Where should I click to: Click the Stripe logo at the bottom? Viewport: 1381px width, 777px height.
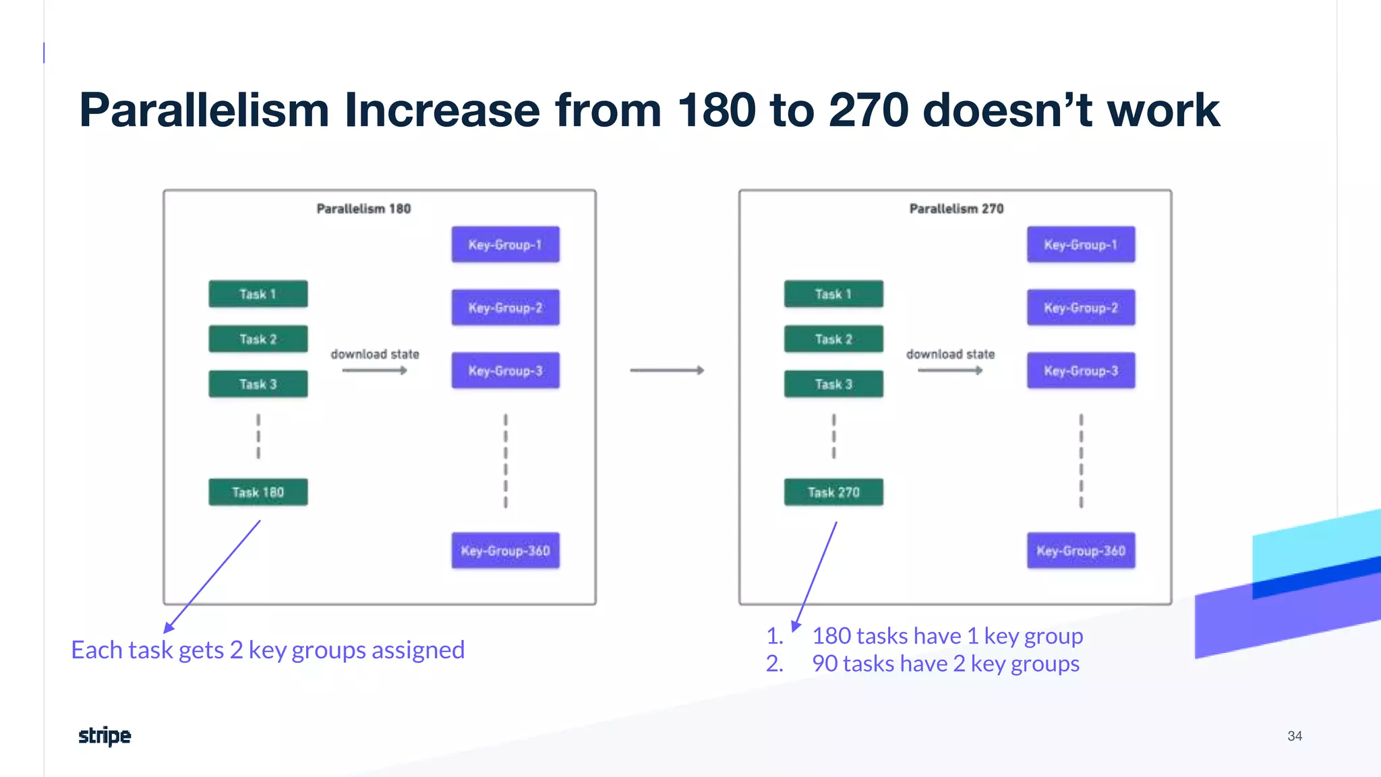coord(105,736)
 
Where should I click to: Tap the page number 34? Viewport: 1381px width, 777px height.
coord(1294,736)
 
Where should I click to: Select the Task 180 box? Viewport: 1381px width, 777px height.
coord(258,492)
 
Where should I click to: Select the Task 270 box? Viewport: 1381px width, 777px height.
coord(833,492)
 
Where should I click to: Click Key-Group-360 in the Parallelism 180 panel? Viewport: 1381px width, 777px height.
coord(505,550)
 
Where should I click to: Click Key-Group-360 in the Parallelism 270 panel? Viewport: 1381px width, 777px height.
coord(1080,550)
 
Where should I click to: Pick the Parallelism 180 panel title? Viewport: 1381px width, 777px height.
coord(363,209)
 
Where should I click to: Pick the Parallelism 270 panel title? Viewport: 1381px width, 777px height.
coord(956,209)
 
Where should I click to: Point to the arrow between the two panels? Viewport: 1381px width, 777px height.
coord(667,370)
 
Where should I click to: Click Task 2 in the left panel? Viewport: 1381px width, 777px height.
coord(258,339)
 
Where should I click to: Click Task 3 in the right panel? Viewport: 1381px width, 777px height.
coord(833,384)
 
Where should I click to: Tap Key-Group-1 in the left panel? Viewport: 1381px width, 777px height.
coord(505,245)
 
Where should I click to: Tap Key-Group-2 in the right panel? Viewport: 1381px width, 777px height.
coord(1080,308)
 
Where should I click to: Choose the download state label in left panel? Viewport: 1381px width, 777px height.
coord(375,354)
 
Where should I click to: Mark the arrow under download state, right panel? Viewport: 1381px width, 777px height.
coord(949,370)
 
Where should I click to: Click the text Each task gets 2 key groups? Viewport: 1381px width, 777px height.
coord(268,650)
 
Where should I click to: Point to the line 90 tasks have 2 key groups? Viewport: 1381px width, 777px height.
coord(945,664)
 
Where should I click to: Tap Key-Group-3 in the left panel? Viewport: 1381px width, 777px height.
coord(505,370)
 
